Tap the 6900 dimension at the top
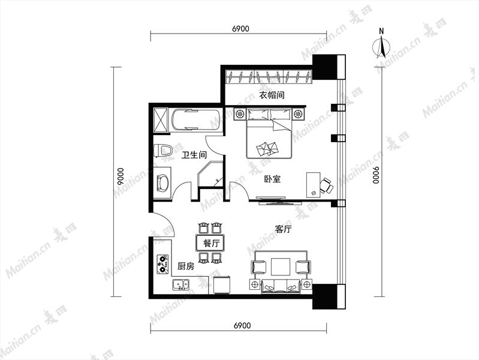coord(240,29)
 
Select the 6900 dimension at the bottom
coord(242,325)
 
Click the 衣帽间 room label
coord(272,95)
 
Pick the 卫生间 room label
coord(194,155)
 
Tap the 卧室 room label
coord(272,179)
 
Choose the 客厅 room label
coord(283,229)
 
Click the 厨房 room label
coord(186,266)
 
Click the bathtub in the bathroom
coord(195,120)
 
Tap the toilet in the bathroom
coord(162,151)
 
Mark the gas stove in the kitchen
coord(163,264)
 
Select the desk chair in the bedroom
coord(327,185)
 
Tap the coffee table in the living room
coord(281,266)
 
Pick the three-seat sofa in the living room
coord(281,287)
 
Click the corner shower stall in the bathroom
coord(210,175)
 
